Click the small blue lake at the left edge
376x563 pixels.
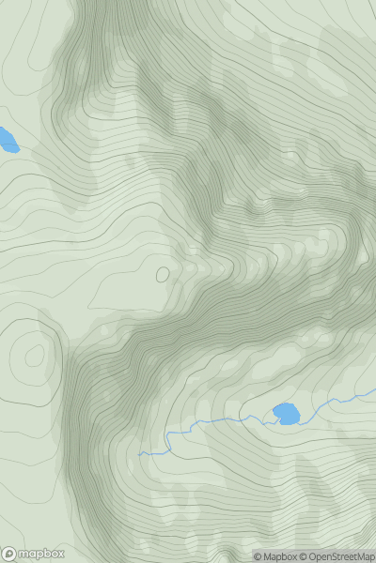coord(8,141)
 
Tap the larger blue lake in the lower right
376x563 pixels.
coord(287,413)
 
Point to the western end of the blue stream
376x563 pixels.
coord(139,455)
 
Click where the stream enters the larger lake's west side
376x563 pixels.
coord(272,417)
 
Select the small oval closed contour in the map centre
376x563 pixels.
coord(163,275)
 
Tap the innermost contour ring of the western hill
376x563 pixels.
coord(35,356)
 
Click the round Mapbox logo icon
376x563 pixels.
coord(9,554)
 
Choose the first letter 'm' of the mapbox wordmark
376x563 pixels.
coord(23,554)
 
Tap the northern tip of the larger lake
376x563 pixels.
coord(285,403)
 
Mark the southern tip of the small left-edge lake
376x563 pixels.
coord(13,151)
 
